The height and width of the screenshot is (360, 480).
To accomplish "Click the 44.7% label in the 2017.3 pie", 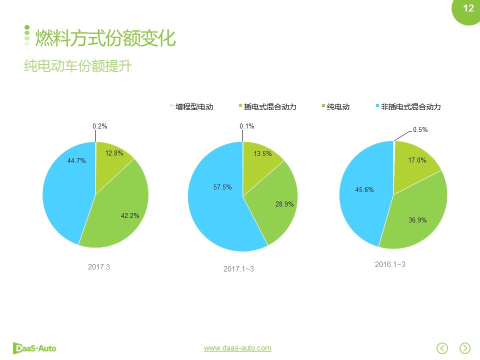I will coord(76,160).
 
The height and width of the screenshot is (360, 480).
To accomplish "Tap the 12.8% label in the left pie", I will coord(114,153).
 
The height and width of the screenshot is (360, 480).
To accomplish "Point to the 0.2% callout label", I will coord(100,126).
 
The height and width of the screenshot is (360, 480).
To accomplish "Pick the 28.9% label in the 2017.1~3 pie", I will coord(284,204).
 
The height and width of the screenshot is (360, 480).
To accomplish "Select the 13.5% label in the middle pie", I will coord(263,153).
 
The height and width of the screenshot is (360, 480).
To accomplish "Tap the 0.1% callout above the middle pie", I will coord(247,126).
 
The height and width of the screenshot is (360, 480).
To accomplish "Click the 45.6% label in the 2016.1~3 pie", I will coord(364,189).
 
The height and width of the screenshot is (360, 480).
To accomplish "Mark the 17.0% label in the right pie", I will coord(417,160).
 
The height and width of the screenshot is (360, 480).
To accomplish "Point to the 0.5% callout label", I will coord(420,129).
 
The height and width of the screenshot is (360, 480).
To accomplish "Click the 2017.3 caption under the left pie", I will coord(98,266).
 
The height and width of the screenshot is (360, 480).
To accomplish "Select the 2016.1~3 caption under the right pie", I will coord(390,264).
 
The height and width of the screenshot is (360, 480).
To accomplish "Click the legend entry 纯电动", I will coord(338,106).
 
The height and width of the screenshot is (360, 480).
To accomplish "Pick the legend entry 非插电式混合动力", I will coord(410,106).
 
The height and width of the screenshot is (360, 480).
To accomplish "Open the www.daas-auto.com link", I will coord(237,348).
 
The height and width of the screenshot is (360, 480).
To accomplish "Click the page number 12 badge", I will coord(468,8).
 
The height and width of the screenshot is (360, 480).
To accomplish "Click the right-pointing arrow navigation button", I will coord(465,348).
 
